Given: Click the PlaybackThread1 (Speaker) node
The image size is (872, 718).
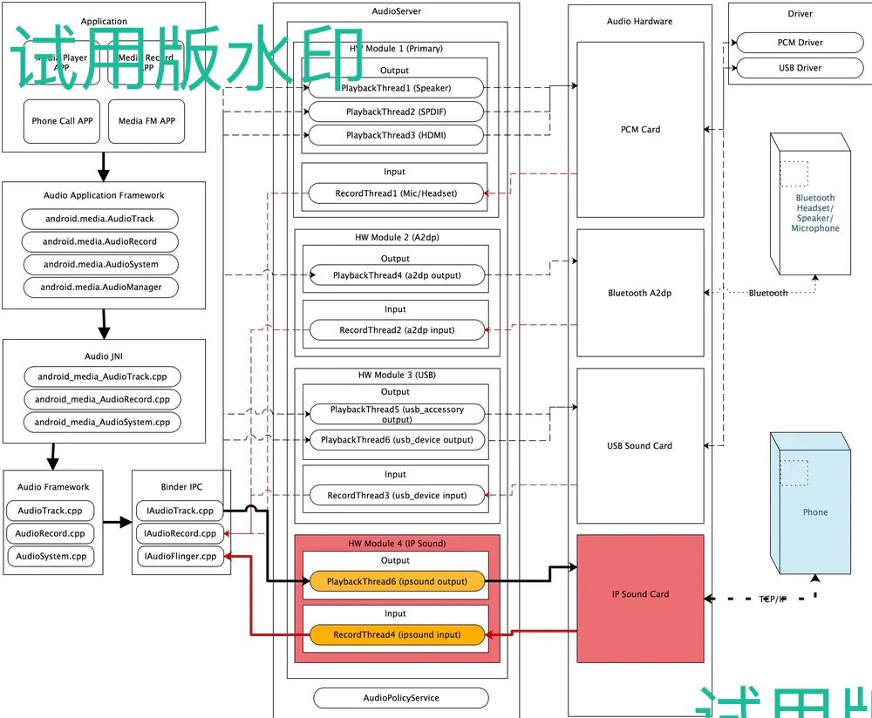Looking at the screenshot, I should coord(396,87).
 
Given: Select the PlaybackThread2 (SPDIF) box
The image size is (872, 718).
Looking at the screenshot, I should coord(396,112).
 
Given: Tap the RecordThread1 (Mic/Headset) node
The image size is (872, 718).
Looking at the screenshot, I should coord(396,193).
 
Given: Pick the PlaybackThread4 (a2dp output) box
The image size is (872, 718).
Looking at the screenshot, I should coord(396,275).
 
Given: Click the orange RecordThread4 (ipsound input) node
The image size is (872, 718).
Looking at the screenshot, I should coord(397,635).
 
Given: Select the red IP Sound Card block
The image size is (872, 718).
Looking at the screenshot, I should coord(640,594).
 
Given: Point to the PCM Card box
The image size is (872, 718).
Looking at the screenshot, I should coord(640,129).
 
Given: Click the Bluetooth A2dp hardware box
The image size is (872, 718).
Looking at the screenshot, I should coord(640,293).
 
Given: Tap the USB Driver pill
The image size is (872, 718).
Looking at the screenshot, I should coord(800,68).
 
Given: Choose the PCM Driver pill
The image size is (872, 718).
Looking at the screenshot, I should coord(800,43).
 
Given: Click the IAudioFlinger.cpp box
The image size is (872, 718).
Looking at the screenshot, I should coord(181,556).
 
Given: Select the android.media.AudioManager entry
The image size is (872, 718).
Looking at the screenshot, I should coord(101,287).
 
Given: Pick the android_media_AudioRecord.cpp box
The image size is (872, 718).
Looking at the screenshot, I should coord(103,399).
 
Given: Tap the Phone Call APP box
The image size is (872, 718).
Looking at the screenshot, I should coord(62,121).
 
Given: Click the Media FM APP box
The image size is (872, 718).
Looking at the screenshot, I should coord(146,121).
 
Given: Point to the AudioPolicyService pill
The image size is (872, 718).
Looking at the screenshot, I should coord(401,698).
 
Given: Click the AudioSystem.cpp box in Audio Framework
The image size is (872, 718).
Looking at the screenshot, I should coord(51,556).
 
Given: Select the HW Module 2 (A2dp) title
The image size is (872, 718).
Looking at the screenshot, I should coord(397,237).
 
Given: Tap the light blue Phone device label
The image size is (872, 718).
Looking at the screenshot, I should coord(815,512).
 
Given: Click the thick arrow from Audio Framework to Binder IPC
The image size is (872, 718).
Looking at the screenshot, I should coord(117,523).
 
